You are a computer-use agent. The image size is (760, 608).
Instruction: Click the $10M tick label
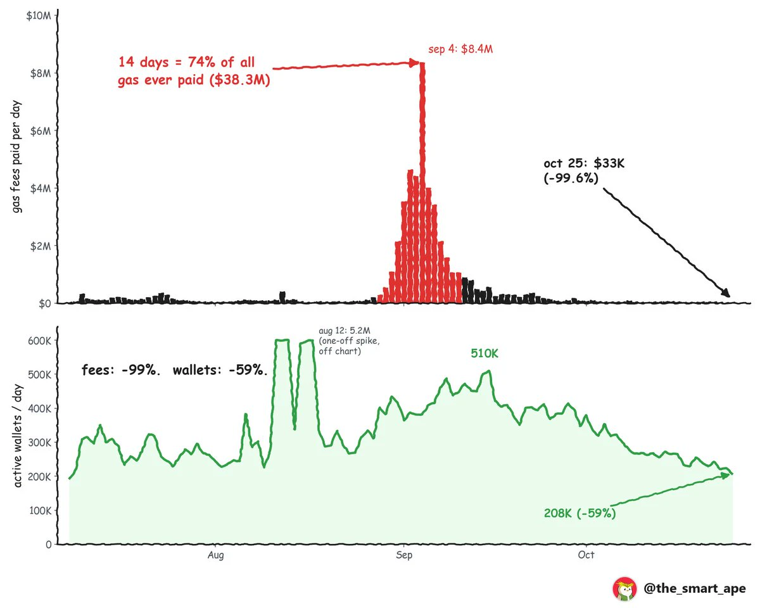click(x=39, y=16)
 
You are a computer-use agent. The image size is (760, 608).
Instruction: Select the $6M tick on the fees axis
click(x=41, y=131)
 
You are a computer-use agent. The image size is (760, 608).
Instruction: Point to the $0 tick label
click(x=45, y=303)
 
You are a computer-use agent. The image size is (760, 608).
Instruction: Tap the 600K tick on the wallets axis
click(x=39, y=341)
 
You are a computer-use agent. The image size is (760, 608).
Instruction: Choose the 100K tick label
click(x=41, y=510)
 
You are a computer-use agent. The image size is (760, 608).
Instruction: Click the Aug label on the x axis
click(x=215, y=555)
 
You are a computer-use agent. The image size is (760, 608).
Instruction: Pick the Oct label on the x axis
click(x=586, y=555)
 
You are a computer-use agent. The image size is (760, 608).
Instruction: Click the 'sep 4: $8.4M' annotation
click(x=460, y=49)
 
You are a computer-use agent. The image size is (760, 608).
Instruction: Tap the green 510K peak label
click(x=484, y=353)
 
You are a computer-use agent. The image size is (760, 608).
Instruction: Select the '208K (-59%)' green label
click(x=579, y=513)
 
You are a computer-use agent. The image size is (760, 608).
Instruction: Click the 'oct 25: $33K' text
click(x=584, y=163)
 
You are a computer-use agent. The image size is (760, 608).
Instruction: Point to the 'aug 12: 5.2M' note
click(x=345, y=331)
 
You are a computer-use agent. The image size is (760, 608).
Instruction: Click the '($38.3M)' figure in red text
click(x=240, y=80)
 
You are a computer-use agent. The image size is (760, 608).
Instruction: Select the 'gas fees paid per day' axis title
click(x=16, y=156)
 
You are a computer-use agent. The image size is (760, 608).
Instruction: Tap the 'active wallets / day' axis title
click(x=18, y=436)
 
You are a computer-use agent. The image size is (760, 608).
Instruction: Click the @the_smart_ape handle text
click(x=694, y=588)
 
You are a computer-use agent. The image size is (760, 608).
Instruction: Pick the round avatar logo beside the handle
click(x=624, y=588)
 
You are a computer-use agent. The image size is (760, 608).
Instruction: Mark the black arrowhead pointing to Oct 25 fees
click(x=726, y=293)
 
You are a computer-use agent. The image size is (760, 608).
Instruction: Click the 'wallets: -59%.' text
click(x=220, y=370)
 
